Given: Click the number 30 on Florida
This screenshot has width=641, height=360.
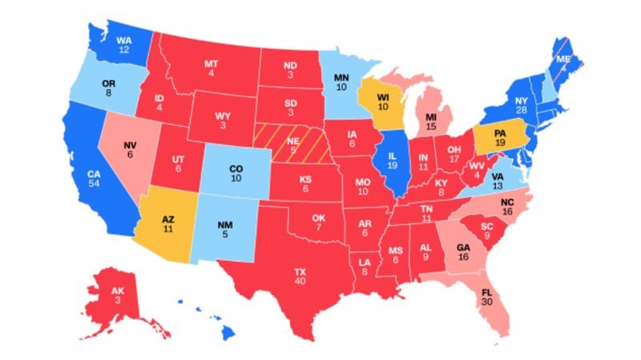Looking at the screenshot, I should pos(487,302).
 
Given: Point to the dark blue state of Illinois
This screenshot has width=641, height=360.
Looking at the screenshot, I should pos(393,160).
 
